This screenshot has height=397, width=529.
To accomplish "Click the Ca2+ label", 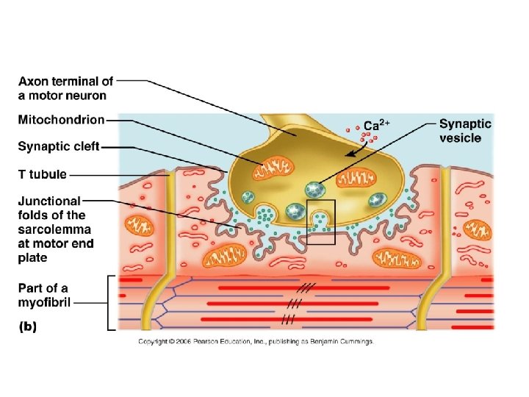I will (x=376, y=125).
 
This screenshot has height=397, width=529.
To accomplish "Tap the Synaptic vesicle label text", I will (x=465, y=131).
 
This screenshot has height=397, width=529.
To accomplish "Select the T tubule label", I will (x=42, y=175).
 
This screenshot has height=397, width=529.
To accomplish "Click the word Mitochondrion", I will (x=61, y=119).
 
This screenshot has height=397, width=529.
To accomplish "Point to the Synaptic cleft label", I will (x=58, y=146).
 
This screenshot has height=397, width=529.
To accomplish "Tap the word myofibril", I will (x=43, y=302).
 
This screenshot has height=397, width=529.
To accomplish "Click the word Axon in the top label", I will (x=34, y=81).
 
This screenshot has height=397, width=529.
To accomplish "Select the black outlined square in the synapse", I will (x=320, y=221).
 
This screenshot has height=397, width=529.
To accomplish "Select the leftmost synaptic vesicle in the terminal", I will (x=248, y=197).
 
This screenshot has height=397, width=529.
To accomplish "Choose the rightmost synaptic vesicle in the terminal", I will (x=378, y=198).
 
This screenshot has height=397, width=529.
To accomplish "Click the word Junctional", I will (x=50, y=201).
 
